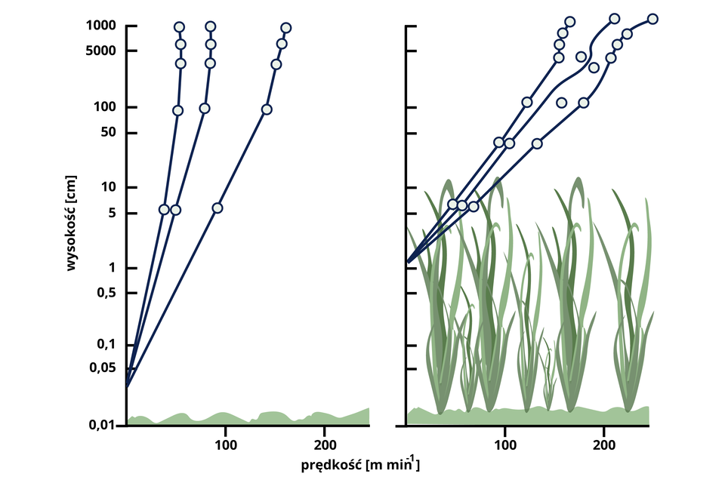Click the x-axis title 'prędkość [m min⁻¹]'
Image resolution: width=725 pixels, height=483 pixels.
tap(359, 464)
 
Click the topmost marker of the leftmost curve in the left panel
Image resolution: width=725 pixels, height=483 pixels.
tap(179, 27)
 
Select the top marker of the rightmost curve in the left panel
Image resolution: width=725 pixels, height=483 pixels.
tap(285, 28)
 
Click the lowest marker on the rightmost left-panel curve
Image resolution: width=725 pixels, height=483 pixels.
tap(217, 208)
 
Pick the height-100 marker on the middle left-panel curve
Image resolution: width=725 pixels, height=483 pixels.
tap(204, 108)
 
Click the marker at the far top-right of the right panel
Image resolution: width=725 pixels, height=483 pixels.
tap(652, 19)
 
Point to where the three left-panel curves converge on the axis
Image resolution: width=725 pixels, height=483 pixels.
tap(126, 386)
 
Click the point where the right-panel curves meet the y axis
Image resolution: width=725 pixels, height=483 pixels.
tap(408, 262)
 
